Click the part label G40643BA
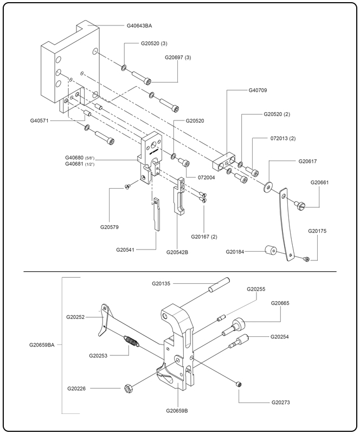coord(139,25)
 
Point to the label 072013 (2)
coord(283,139)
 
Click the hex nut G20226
coord(130,388)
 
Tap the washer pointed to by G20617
coord(268,186)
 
